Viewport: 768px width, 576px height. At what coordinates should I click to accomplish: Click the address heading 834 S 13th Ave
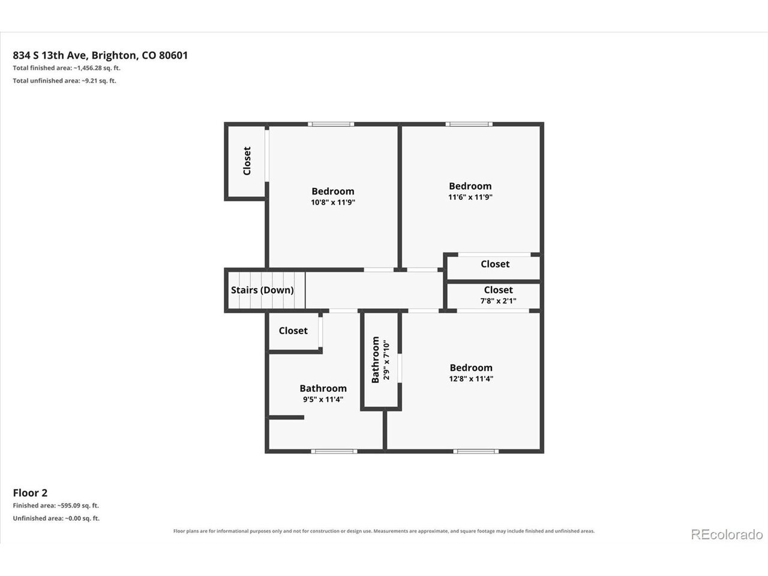coord(100,55)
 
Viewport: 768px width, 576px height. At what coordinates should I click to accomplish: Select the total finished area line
coord(67,68)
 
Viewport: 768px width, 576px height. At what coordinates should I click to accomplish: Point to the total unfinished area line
coord(64,81)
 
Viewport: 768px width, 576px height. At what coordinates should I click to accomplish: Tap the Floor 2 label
coord(30,493)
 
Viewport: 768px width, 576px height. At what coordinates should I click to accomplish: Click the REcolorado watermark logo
coord(727,535)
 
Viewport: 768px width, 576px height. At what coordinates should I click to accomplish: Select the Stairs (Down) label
coord(262,290)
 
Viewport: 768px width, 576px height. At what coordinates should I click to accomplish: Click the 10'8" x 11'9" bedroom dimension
coord(333,202)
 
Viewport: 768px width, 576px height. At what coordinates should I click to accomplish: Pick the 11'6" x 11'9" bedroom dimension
coord(470,197)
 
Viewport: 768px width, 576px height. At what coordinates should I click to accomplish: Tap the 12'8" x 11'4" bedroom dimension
coord(471,379)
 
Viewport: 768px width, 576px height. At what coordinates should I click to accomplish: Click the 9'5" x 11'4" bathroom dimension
coord(323,400)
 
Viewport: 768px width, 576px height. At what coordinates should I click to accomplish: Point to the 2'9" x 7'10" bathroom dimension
coord(386,360)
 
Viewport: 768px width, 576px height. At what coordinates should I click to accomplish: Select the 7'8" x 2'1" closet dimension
coord(498,301)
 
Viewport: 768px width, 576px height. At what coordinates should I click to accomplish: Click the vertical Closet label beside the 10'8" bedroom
coord(247,161)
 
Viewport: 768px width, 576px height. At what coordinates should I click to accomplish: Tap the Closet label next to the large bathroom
coord(293,331)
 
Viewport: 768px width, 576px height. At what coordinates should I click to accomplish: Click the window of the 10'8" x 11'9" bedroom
coord(331,124)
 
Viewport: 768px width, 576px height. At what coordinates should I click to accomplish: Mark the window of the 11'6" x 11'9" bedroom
coord(469,124)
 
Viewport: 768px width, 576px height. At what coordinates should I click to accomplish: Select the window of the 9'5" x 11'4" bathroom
coord(334,451)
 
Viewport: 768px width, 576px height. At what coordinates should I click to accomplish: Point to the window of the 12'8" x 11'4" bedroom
coord(476,451)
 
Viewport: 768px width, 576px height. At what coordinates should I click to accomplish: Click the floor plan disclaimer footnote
coord(384,531)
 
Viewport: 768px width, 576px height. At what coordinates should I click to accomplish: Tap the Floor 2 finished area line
coord(56,505)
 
